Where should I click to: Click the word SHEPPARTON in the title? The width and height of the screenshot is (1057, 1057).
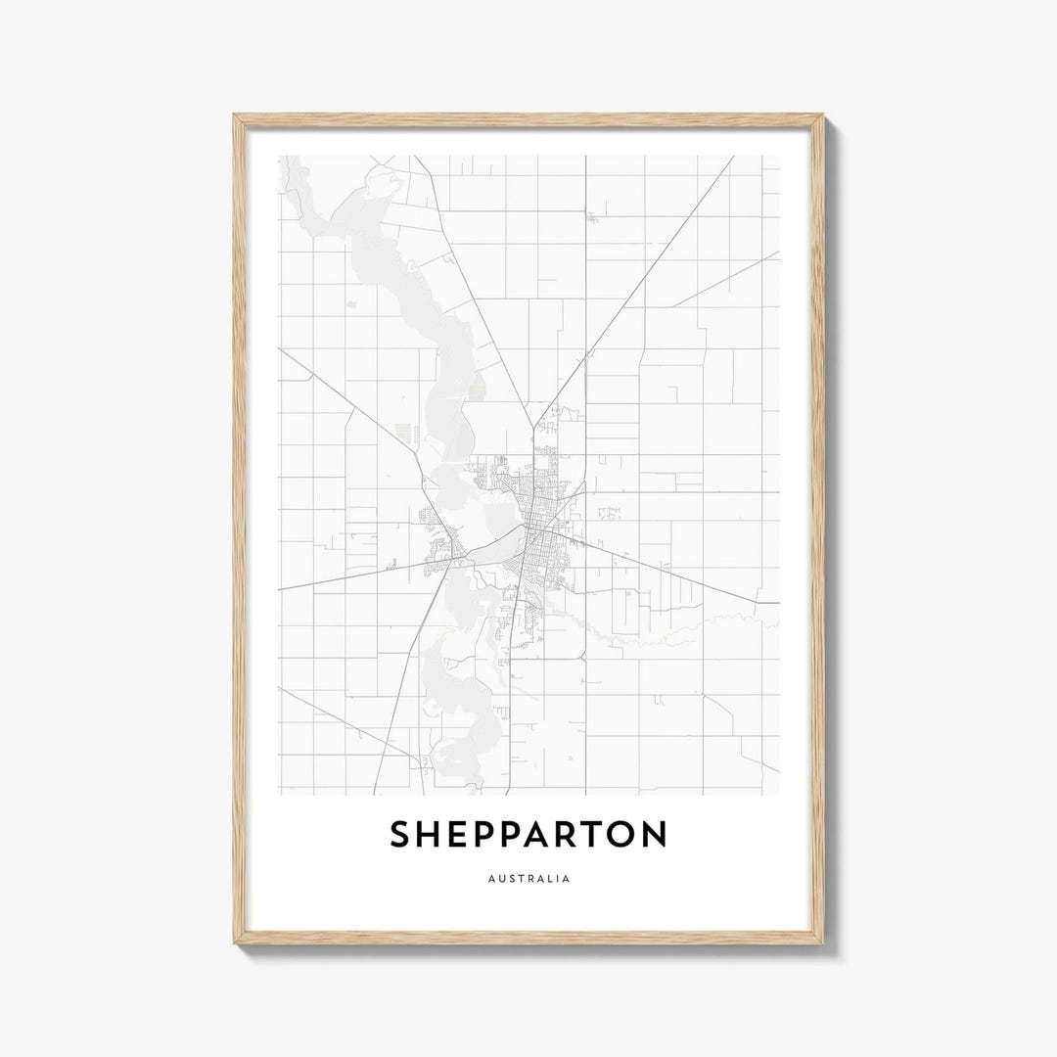click(x=528, y=835)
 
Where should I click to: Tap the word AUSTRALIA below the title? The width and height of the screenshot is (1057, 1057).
click(x=528, y=879)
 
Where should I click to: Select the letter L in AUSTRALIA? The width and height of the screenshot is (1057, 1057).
click(x=549, y=879)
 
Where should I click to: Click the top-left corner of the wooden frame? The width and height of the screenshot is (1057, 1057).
click(x=236, y=116)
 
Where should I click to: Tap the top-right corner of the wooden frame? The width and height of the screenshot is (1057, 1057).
click(x=822, y=116)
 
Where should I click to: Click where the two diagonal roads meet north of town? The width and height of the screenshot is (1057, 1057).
click(x=534, y=428)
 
